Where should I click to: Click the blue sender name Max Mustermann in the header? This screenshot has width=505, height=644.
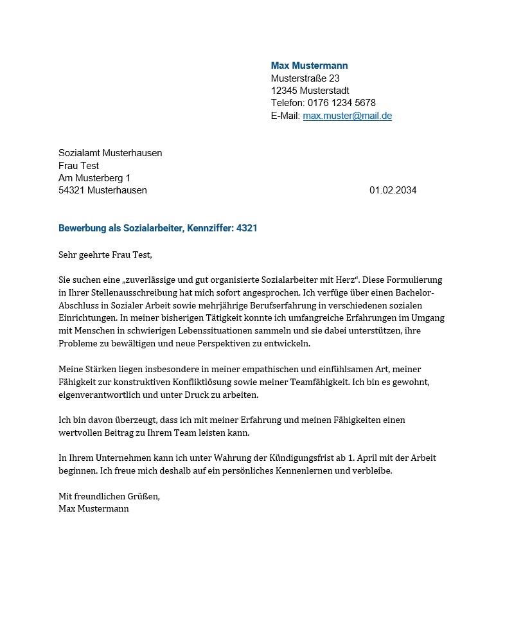(309, 66)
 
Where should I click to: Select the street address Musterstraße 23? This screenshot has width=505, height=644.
(305, 78)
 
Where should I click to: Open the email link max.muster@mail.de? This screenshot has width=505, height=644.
(347, 116)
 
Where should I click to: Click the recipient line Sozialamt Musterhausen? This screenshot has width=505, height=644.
(110, 153)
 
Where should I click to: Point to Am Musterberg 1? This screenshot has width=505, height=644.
(94, 178)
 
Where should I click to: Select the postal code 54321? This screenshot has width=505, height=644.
(71, 190)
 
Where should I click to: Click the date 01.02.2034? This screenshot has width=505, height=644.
(393, 190)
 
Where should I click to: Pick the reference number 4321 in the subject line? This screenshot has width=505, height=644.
(247, 228)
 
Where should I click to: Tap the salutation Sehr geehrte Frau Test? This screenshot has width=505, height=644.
(105, 255)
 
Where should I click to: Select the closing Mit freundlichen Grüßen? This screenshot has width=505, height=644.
(109, 496)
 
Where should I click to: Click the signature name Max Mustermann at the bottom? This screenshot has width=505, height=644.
(94, 508)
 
